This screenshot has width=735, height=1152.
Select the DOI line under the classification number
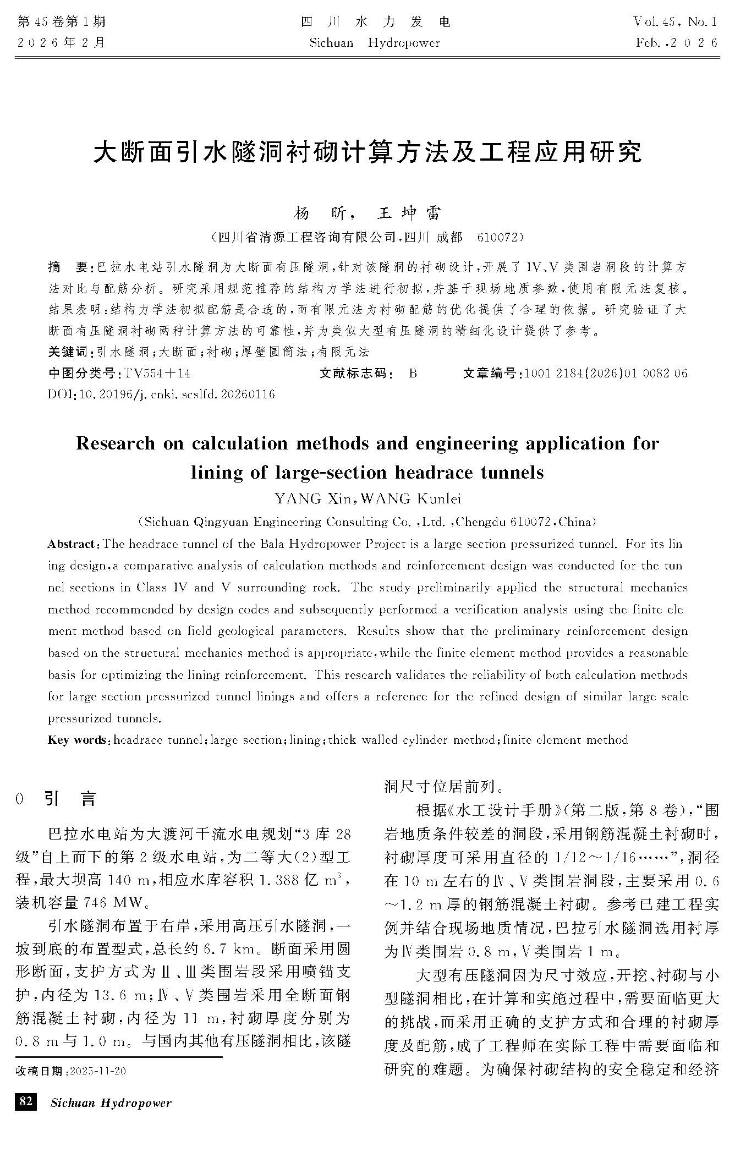coord(162,394)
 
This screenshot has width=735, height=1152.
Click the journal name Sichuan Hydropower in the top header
coord(375,43)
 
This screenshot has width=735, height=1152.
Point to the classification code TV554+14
coord(157,374)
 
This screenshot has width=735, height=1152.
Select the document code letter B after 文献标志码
coord(413,374)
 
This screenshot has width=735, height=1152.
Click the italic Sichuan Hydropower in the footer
coord(111,1102)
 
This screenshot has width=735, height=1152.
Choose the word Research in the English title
coord(116,443)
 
